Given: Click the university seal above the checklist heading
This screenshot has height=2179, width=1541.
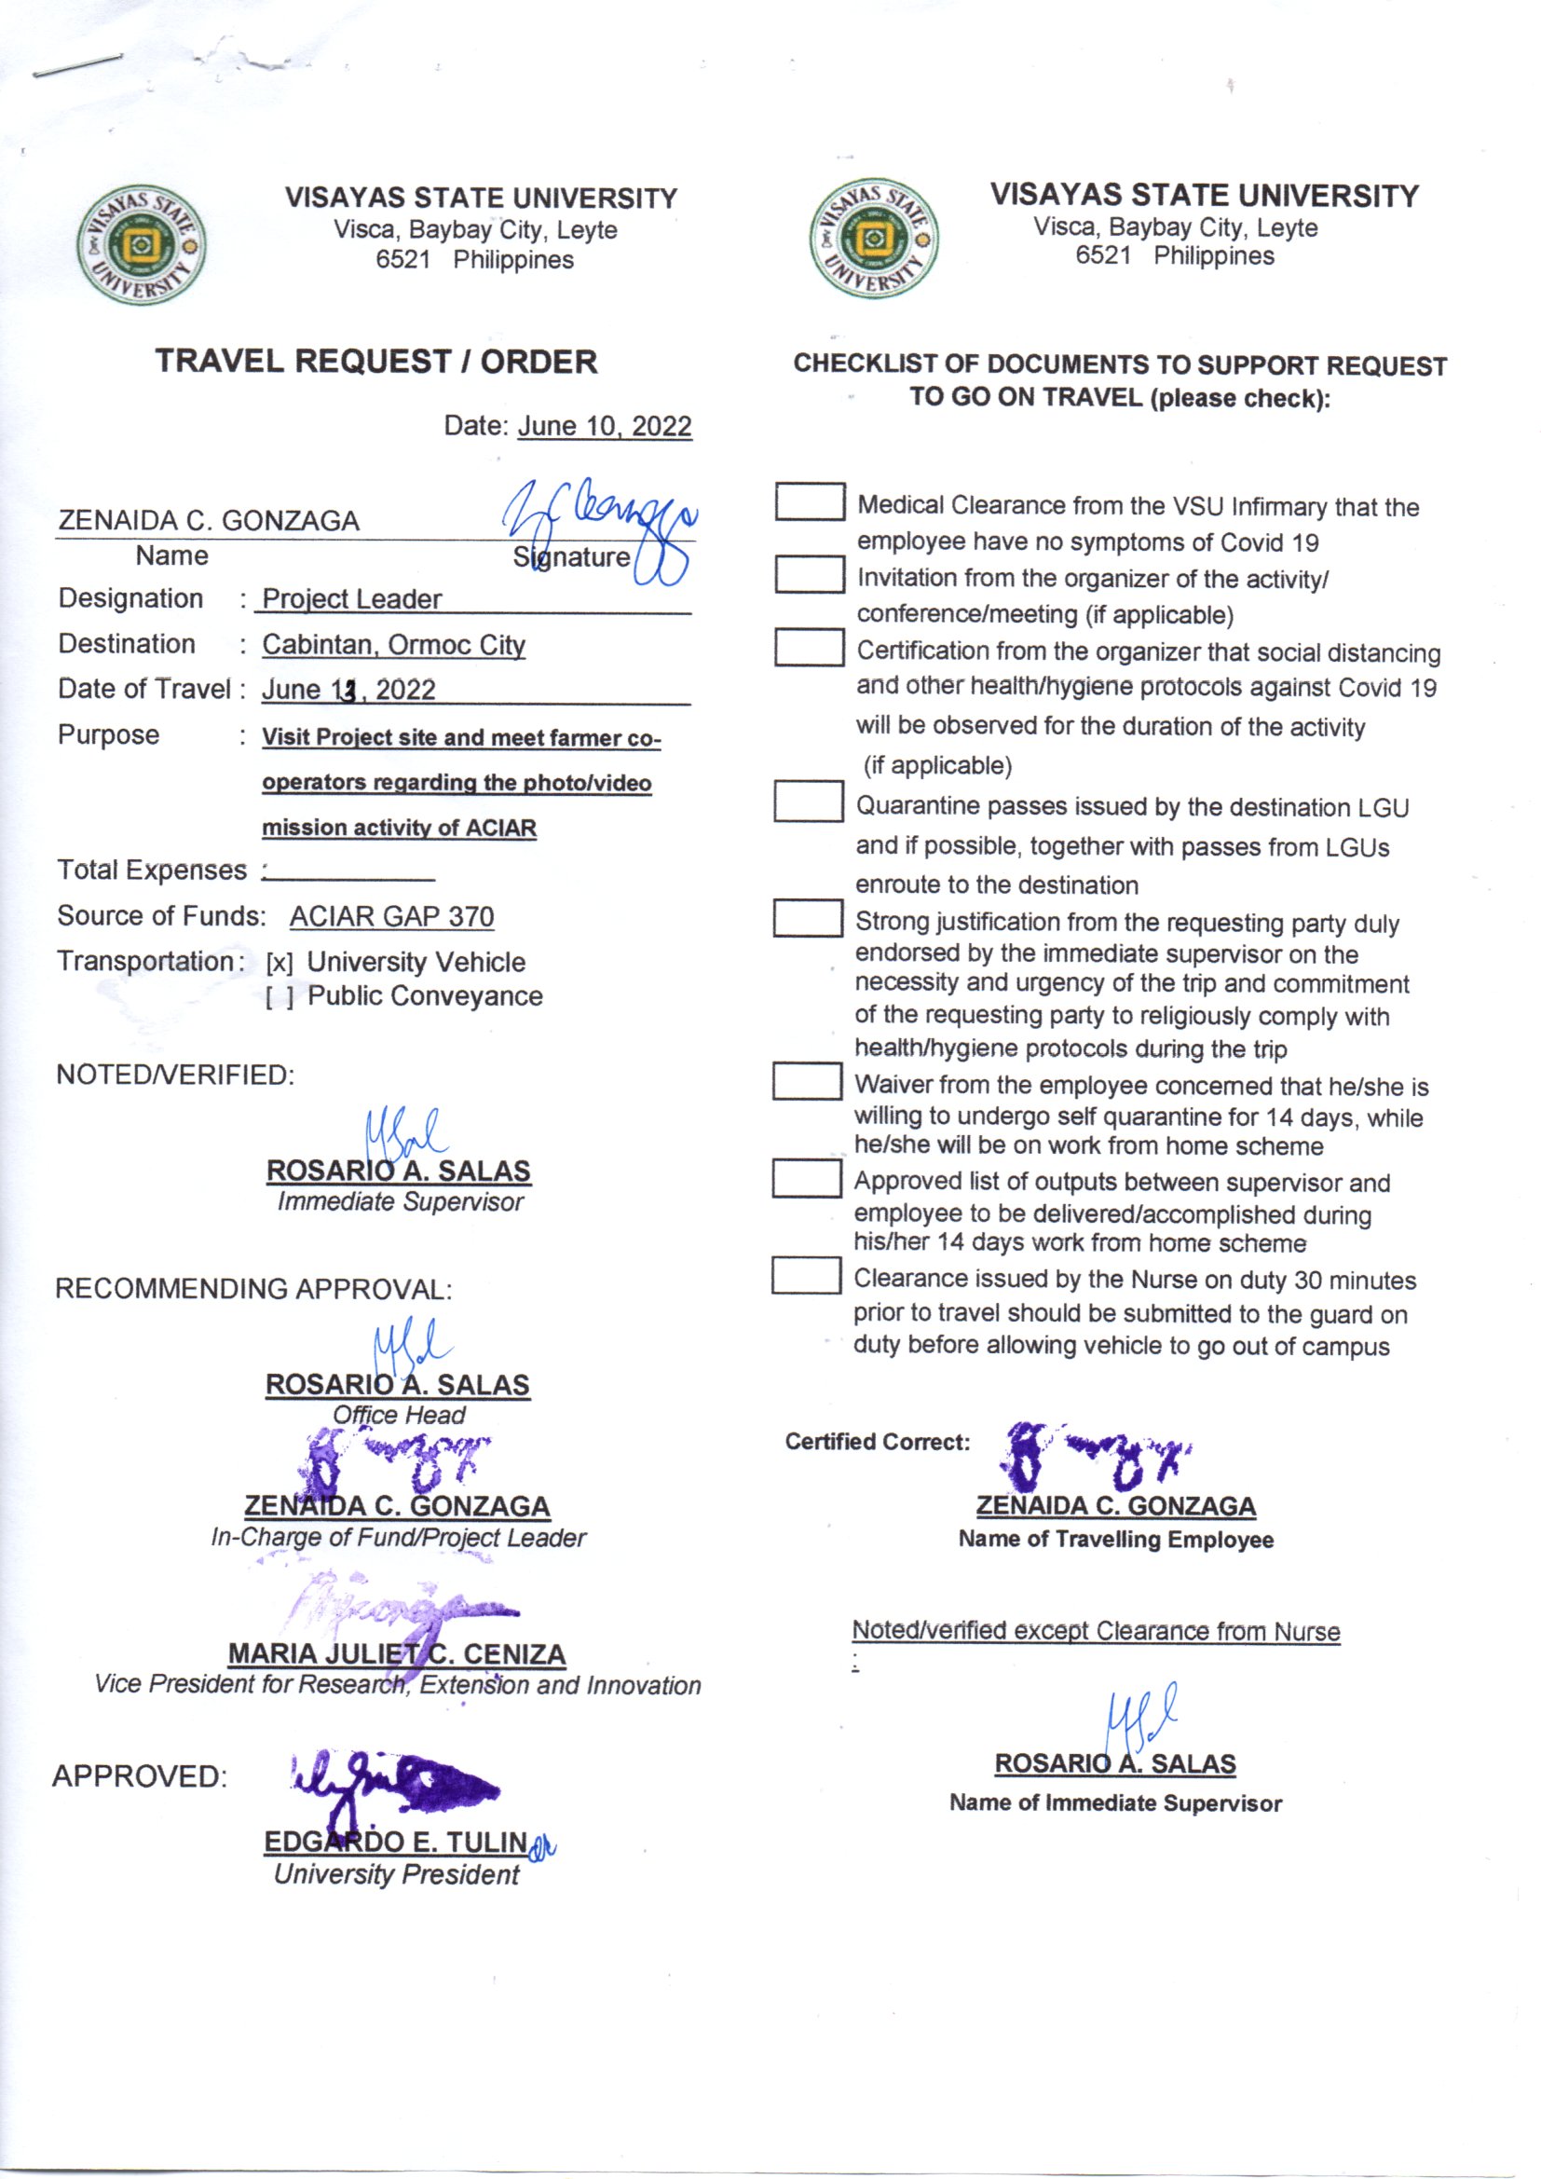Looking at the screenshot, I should pos(874,240).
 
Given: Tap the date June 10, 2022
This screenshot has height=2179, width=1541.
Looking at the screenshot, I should pos(605,426).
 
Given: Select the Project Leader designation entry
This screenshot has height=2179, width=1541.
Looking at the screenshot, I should pos(351,599).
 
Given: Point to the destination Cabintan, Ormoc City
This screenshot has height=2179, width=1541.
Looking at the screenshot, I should pos(393,644).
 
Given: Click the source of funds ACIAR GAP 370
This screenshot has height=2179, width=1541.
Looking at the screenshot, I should pos(391,917).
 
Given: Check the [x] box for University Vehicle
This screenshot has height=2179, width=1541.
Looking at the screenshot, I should pos(279,964).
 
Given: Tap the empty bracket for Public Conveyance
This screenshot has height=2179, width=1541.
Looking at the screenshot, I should pos(279,997).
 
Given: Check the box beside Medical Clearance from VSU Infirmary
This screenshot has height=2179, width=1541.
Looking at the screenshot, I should pos(810,502).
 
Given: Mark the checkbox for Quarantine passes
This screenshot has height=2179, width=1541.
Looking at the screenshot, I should pos(808,801).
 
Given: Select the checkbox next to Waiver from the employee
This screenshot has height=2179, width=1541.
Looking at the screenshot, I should pos(807,1081).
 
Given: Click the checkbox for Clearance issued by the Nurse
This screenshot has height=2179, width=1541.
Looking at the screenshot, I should pos(806,1276).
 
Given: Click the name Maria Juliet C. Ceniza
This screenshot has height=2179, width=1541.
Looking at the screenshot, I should pos(397,1654).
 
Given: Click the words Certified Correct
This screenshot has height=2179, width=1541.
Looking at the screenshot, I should pos(877,1442).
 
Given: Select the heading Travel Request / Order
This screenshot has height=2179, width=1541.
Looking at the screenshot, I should pos(375,362).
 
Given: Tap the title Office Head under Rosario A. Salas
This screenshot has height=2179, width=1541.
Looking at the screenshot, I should pos(399,1415).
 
